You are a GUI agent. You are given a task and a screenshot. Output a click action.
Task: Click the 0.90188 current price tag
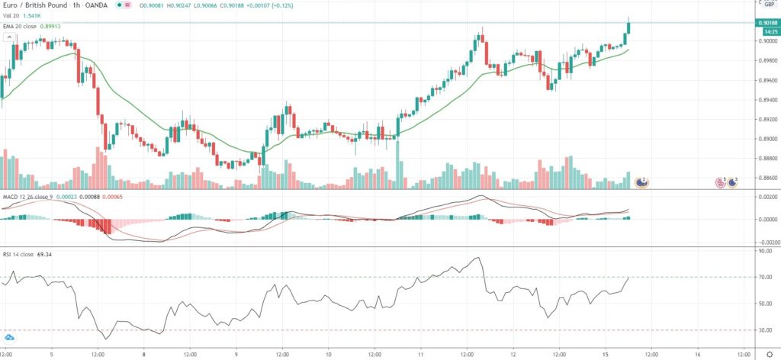pos(767,23)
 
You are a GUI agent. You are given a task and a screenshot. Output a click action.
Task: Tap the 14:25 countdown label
pos(767,32)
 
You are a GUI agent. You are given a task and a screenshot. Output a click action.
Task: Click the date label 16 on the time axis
pos(699,354)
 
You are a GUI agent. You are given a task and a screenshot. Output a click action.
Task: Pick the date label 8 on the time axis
pos(143,354)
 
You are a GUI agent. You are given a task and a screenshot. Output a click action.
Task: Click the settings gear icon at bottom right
pos(770,354)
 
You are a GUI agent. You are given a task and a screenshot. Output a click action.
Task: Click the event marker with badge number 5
pos(719,182)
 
